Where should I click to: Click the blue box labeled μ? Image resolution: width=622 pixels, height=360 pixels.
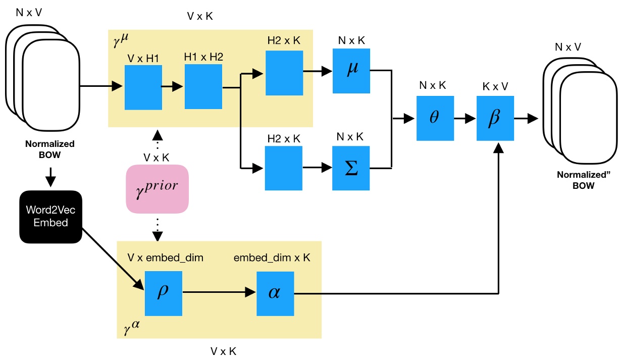[x=351, y=71]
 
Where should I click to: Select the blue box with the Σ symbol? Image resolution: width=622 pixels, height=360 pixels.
[x=351, y=168]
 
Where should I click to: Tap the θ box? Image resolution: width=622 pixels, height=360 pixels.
[x=435, y=118]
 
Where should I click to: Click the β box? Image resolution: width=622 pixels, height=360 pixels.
[x=495, y=118]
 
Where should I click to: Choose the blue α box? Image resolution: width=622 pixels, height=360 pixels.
[x=274, y=292]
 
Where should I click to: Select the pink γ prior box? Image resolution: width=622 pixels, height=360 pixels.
[x=157, y=188]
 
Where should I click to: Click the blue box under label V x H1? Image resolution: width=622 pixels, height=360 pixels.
[x=143, y=87]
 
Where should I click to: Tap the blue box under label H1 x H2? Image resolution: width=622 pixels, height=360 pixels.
[x=203, y=87]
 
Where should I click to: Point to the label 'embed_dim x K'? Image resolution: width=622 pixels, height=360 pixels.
[x=272, y=258]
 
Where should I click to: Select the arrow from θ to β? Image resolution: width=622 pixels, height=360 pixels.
[x=464, y=118]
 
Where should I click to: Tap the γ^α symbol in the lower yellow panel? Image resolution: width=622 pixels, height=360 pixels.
[x=131, y=329]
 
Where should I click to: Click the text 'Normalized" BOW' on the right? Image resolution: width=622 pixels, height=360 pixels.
[x=576, y=181]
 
